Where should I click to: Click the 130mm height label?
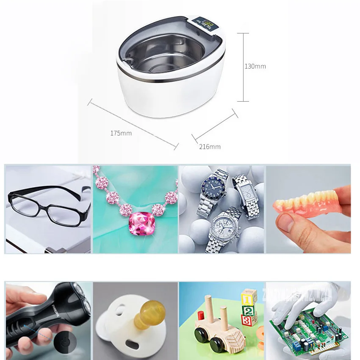click(x=255, y=66)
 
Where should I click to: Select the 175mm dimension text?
click(x=121, y=133)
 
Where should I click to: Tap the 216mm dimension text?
click(x=210, y=147)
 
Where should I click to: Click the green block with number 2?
click(x=249, y=310)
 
